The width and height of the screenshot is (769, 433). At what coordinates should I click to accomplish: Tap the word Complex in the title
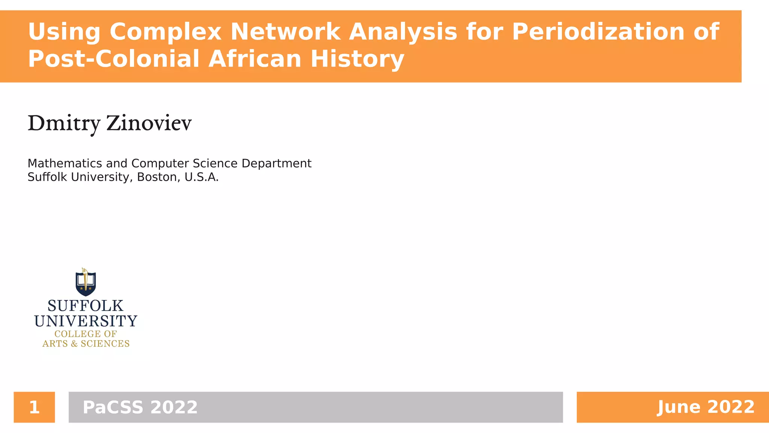click(166, 32)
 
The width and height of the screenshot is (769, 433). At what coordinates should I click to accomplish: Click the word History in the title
click(357, 59)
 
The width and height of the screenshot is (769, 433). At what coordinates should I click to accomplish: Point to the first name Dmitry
click(64, 123)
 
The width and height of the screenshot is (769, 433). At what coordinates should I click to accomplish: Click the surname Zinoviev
click(149, 123)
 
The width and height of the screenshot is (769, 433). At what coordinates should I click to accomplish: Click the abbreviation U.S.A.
click(201, 177)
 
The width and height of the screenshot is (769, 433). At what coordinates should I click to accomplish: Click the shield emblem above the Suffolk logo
click(86, 282)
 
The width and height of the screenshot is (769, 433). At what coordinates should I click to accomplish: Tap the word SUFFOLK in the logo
click(86, 306)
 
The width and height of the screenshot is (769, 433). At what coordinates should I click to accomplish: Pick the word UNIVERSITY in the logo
click(86, 321)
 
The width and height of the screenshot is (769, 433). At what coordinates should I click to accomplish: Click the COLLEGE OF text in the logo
click(86, 334)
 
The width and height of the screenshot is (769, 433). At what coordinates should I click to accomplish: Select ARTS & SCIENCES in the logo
click(86, 344)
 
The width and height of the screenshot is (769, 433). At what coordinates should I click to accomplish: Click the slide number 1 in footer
click(34, 407)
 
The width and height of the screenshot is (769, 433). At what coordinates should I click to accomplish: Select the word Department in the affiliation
click(276, 164)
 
